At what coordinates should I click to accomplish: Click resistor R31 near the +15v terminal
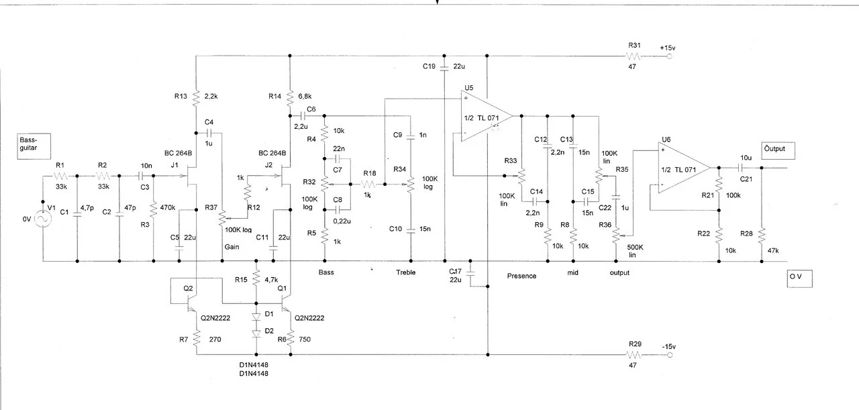coord(634,58)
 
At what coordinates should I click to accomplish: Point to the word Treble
coord(405,272)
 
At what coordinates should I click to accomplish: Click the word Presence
coord(521,275)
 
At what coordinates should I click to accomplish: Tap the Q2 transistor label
coord(189,288)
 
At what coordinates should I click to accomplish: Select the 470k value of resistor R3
coord(168,208)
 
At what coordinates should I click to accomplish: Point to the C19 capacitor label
coord(429,66)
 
